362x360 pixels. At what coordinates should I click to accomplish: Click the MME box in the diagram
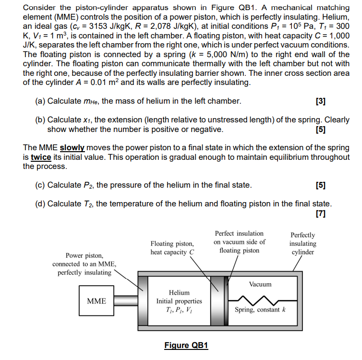coord(97,301)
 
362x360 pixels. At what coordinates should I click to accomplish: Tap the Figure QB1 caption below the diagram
coord(186,346)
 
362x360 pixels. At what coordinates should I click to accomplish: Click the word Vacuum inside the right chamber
coord(260,284)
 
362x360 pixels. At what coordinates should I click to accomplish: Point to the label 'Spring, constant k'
coord(260,310)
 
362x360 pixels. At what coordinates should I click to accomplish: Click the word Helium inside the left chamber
coord(179,292)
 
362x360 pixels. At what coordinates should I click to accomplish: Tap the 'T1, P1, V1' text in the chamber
coord(179,311)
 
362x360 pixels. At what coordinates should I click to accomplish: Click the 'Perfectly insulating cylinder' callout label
coord(302,243)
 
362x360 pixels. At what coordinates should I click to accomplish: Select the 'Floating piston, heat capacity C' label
coord(172,248)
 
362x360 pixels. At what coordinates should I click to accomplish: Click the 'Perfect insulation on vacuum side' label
coord(239,242)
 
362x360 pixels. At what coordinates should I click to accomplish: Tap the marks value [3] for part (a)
coord(321,101)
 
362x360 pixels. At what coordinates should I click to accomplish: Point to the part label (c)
coord(40,185)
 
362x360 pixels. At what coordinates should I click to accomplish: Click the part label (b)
coord(40,120)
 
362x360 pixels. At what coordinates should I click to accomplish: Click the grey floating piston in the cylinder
coord(218,301)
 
